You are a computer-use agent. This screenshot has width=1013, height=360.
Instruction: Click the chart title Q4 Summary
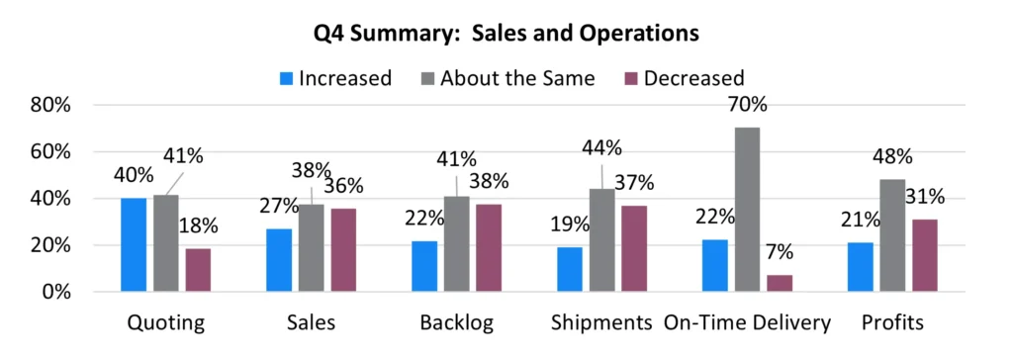coord(506,33)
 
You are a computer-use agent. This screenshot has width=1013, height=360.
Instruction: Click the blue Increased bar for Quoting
coord(134,245)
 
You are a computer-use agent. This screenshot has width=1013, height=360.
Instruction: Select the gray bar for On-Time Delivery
coord(748,210)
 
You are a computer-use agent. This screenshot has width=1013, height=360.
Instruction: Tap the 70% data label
coord(747,105)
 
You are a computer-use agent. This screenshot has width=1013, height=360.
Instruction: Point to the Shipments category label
coord(602,323)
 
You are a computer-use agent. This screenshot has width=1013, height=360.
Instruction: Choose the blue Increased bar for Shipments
coord(569,269)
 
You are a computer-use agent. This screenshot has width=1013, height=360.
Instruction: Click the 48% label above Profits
coord(891,156)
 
